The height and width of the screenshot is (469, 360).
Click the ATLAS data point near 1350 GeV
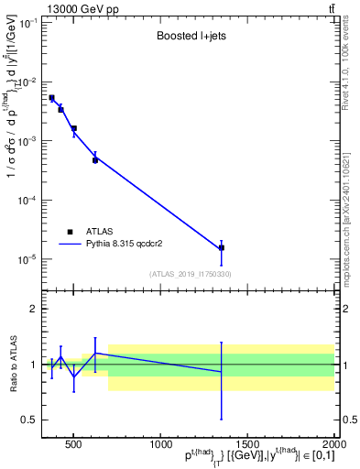tap(222, 248)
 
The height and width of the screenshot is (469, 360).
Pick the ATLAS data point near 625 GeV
tap(95, 160)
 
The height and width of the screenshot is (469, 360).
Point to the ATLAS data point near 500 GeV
tap(74, 129)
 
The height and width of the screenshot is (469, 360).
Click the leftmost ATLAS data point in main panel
tap(52, 98)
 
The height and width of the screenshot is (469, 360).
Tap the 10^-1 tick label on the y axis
tap(29, 23)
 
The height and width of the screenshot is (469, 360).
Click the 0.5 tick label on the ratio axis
tap(29, 420)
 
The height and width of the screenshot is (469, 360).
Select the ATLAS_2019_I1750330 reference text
tap(190, 274)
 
